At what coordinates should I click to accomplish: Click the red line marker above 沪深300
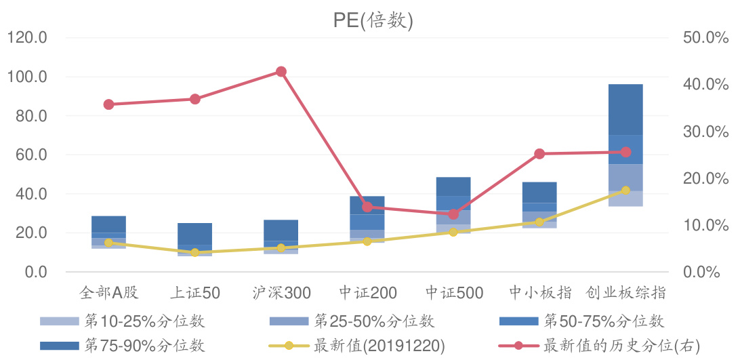tap(281, 72)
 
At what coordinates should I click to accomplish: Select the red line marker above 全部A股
tap(108, 104)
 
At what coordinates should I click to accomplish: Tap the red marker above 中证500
tap(453, 214)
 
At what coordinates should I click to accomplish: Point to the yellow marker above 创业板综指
tap(625, 191)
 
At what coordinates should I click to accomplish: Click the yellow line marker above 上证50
tap(194, 252)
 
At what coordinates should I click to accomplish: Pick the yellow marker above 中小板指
tap(539, 222)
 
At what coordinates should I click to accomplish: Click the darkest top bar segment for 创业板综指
tap(625, 109)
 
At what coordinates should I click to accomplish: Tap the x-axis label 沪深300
tap(281, 293)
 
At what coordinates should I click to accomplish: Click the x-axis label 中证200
tap(367, 293)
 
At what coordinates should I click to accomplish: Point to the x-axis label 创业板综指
tap(625, 293)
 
